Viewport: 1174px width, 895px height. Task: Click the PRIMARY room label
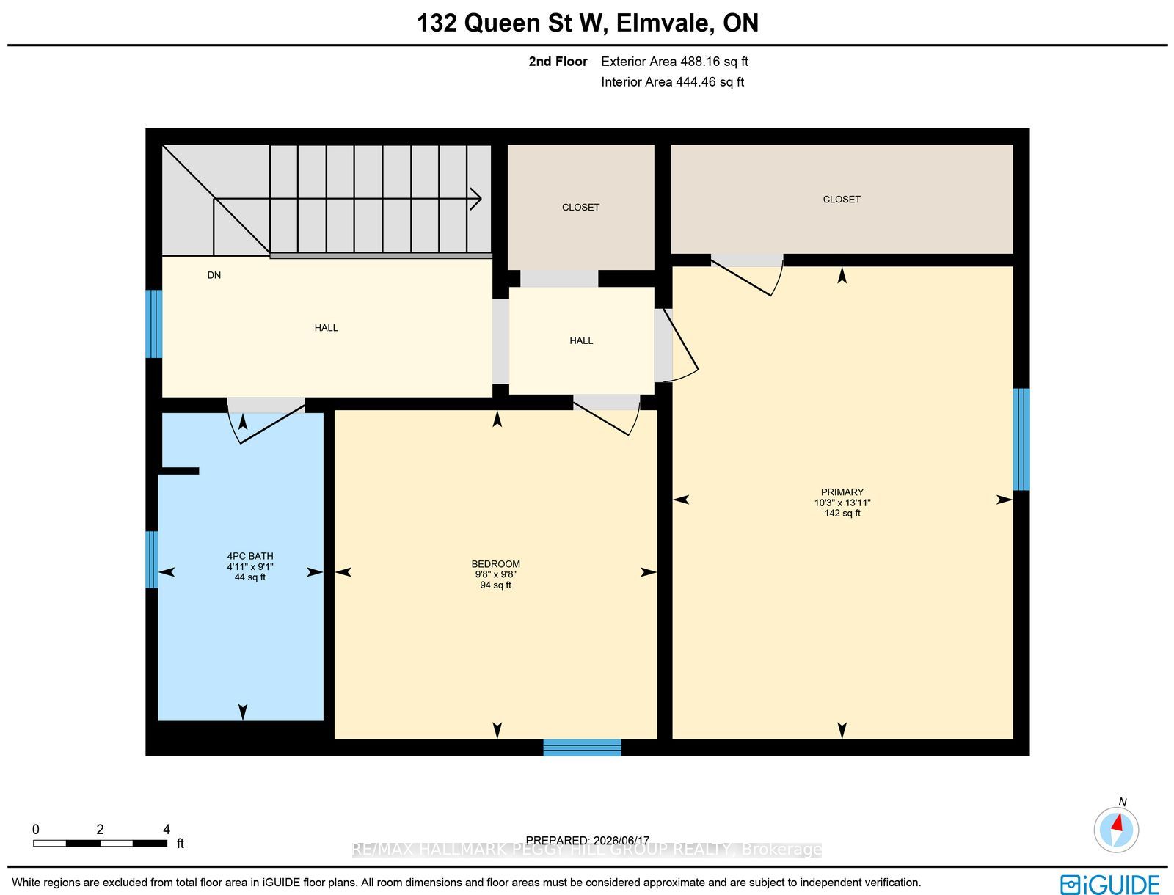point(842,492)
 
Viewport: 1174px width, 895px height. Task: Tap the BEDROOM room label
point(495,564)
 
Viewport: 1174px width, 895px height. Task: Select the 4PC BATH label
point(249,556)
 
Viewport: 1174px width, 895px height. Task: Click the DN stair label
point(214,275)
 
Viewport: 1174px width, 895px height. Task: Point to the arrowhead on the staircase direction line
point(476,199)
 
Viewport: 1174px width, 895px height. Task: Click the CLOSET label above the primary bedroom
point(842,200)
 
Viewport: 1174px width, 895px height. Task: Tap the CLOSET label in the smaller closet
point(580,208)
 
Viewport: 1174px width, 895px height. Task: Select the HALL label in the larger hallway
point(326,328)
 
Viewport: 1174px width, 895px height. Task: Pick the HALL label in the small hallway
point(581,340)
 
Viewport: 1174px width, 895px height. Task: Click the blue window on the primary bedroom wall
point(1021,439)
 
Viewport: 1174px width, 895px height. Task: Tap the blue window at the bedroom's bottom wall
point(582,747)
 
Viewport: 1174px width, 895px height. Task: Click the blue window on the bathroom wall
point(152,559)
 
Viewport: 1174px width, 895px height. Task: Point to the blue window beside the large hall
point(154,324)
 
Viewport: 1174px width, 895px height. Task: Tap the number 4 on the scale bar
point(167,829)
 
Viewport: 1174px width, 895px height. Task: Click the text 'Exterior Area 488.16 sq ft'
point(674,62)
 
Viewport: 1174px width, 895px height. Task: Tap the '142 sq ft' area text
point(842,514)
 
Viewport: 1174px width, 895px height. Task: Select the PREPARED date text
point(587,841)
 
